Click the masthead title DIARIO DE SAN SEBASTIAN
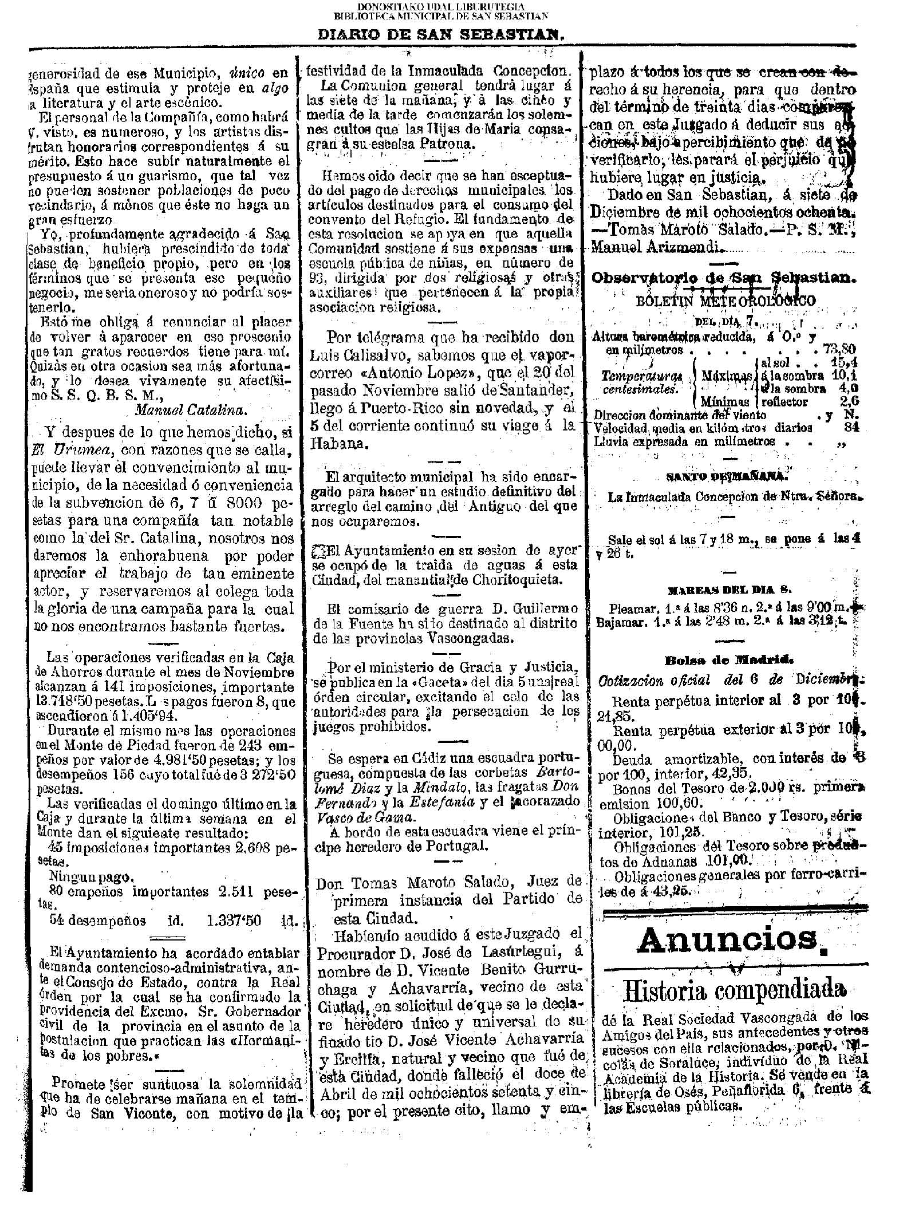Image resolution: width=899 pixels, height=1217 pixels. click(441, 34)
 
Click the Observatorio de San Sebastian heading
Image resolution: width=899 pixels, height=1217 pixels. click(723, 278)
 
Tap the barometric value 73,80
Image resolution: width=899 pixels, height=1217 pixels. click(839, 349)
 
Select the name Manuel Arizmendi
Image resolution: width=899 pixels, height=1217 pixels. click(656, 248)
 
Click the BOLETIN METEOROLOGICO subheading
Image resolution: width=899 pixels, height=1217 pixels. click(725, 302)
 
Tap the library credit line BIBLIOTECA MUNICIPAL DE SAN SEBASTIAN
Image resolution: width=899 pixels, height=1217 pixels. click(441, 15)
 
